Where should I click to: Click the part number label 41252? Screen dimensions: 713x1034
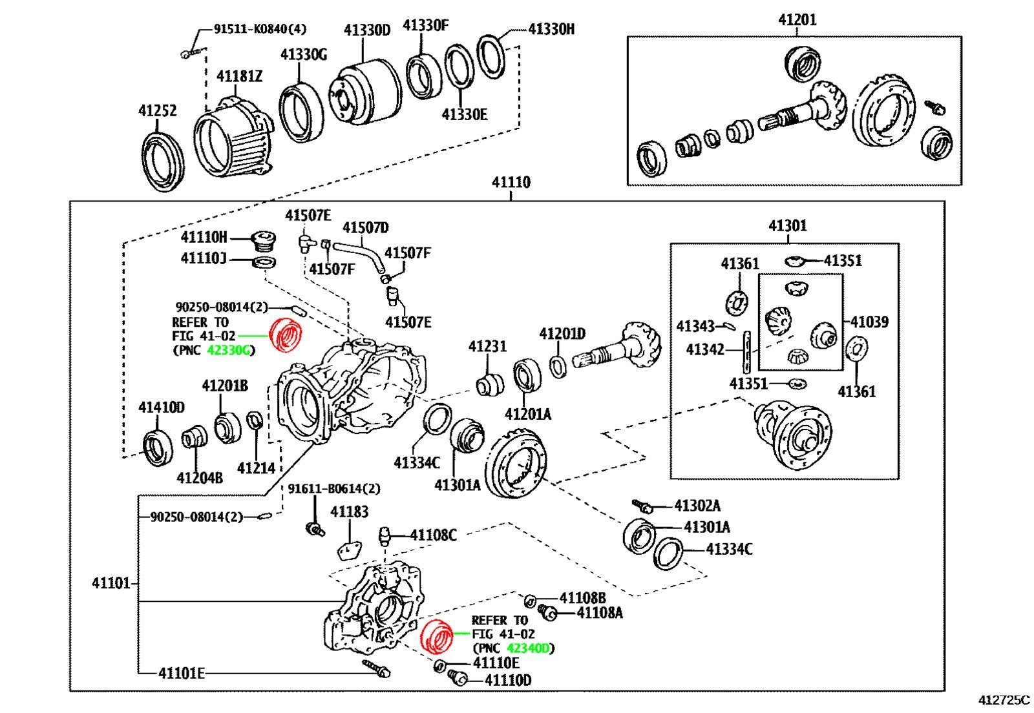coord(157,110)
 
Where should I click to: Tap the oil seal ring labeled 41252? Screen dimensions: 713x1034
coord(162,161)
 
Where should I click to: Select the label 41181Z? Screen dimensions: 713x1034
coord(239,76)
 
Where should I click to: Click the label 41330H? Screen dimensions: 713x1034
coord(551,29)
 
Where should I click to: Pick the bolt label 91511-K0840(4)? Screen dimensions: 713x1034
coord(260,29)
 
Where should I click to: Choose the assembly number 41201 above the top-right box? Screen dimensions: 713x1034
coord(797,20)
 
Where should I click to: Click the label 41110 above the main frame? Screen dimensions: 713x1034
coord(511,182)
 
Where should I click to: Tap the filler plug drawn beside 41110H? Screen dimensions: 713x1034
coord(264,240)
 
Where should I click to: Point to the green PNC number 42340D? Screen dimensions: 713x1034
coord(529,648)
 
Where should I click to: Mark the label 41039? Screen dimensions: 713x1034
coord(869,322)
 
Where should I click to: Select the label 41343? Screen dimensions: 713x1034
coord(695,326)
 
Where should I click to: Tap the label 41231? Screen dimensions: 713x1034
coord(487,346)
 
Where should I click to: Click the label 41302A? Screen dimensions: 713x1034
coord(697,506)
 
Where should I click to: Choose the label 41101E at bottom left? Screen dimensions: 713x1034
coord(182,674)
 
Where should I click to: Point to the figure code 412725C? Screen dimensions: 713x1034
coord(1004,700)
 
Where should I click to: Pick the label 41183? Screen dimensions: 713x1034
coord(349,512)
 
